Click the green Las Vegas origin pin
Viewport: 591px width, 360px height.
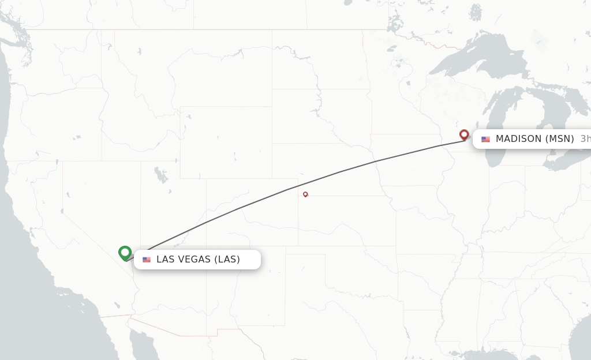click(125, 253)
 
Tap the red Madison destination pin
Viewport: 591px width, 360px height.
click(463, 134)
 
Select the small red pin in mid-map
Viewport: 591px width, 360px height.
click(305, 194)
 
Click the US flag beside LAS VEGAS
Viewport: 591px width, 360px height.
click(147, 260)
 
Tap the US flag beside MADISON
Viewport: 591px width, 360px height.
click(485, 139)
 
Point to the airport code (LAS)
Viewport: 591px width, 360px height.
click(227, 260)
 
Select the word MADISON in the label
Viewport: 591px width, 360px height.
click(518, 139)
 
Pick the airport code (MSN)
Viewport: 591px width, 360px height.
click(560, 139)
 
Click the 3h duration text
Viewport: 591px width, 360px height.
click(585, 139)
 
